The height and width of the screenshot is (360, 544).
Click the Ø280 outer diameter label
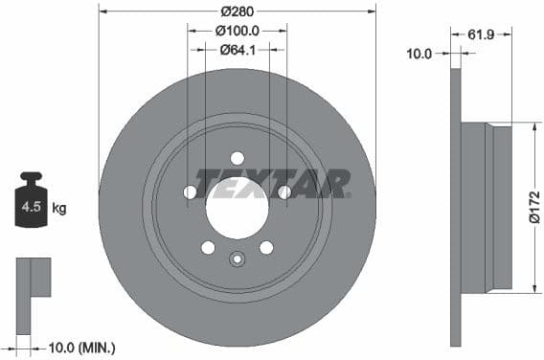pyautogui.click(x=237, y=12)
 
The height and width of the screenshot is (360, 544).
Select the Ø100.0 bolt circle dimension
pyautogui.click(x=237, y=32)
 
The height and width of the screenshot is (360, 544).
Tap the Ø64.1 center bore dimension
pyautogui.click(x=237, y=50)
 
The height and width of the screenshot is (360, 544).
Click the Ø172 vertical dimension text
pyautogui.click(x=533, y=205)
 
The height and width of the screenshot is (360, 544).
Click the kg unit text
pyautogui.click(x=59, y=208)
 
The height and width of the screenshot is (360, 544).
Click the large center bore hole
pyautogui.click(x=237, y=208)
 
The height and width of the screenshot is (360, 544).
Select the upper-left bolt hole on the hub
pyautogui.click(x=190, y=192)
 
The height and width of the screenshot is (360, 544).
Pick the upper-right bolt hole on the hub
pyautogui.click(x=284, y=192)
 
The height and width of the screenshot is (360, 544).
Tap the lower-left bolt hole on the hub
pyautogui.click(x=208, y=248)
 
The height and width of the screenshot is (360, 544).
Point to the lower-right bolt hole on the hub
pyautogui.click(x=266, y=248)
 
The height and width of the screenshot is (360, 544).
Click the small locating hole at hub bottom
pyautogui.click(x=238, y=258)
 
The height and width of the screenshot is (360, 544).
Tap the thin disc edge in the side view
pyautogui.click(x=456, y=207)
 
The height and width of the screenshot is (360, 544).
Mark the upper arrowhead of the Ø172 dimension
pyautogui.click(x=532, y=125)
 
